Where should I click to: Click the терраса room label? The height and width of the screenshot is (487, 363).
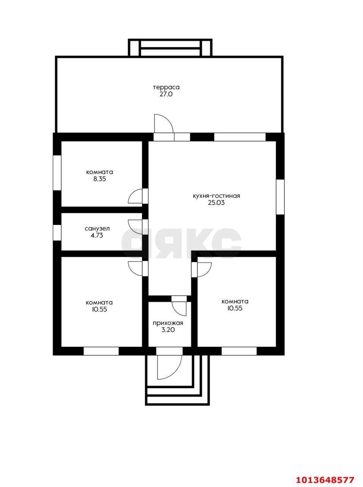[x=166, y=87]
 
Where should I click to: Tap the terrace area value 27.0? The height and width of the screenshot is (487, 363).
[x=166, y=94]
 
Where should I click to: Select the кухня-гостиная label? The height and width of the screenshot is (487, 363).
[x=217, y=196]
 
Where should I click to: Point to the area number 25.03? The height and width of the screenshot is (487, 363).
[x=217, y=203]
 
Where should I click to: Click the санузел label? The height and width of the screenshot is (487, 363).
[x=97, y=229]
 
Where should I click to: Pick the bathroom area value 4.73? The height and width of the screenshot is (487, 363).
[x=97, y=236]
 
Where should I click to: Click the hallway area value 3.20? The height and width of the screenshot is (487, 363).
[x=168, y=330]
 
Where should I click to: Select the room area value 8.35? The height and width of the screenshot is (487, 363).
[x=100, y=179]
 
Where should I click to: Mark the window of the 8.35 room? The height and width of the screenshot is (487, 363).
[x=57, y=173]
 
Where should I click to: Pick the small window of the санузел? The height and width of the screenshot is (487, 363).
[x=57, y=232]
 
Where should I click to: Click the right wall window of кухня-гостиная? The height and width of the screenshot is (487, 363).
[x=280, y=197]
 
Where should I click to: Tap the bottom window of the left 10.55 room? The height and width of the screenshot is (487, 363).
[x=101, y=351]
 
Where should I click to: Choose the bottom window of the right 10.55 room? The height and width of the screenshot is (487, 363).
[x=239, y=351]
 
